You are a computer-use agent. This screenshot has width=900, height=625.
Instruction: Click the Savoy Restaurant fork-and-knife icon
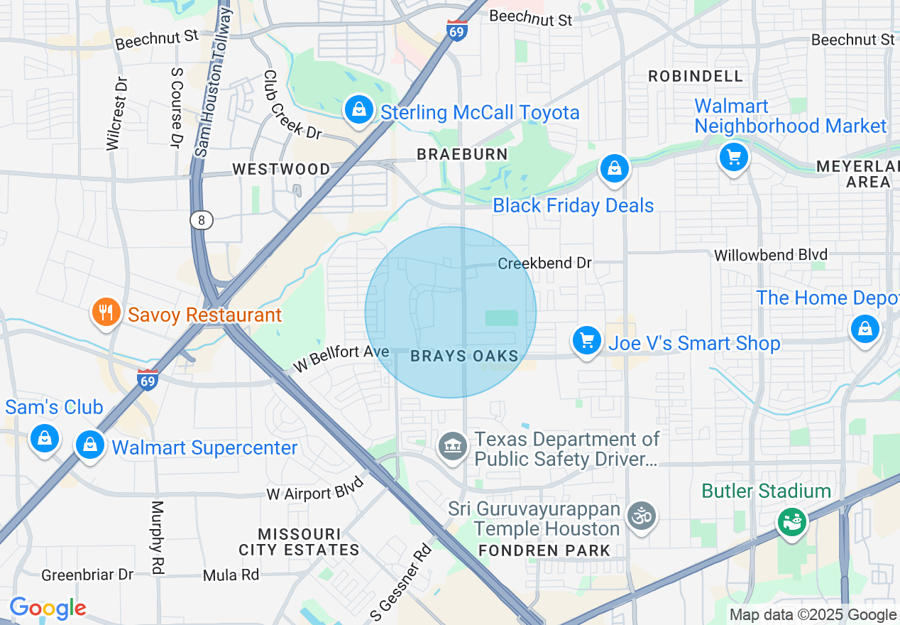(x=106, y=313)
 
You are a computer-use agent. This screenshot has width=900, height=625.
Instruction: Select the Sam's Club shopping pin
(x=45, y=438)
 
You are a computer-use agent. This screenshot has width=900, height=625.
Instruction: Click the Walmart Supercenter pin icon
(x=89, y=445)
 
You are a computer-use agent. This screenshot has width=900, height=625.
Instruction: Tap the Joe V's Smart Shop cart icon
(x=586, y=342)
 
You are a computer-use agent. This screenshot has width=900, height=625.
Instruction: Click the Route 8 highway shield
(x=202, y=220)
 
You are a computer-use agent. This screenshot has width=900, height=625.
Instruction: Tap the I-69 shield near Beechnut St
(x=458, y=30)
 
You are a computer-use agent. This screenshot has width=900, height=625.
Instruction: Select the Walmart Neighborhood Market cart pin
(x=733, y=157)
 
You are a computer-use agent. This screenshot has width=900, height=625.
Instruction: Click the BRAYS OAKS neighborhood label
(x=464, y=357)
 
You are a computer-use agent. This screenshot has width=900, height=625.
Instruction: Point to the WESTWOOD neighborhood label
(x=282, y=169)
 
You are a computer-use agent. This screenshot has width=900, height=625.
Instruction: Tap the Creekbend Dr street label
(x=544, y=263)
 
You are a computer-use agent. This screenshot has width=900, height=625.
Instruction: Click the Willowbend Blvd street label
(x=770, y=254)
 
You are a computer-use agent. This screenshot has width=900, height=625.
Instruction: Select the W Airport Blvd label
(x=315, y=489)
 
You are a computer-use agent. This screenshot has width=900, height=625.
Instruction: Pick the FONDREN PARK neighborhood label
(x=544, y=550)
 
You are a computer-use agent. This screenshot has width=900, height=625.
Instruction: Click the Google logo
(x=48, y=609)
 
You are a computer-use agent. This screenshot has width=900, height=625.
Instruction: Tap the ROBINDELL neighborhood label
(x=696, y=76)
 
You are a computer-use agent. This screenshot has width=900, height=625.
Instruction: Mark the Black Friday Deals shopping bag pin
(x=614, y=169)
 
